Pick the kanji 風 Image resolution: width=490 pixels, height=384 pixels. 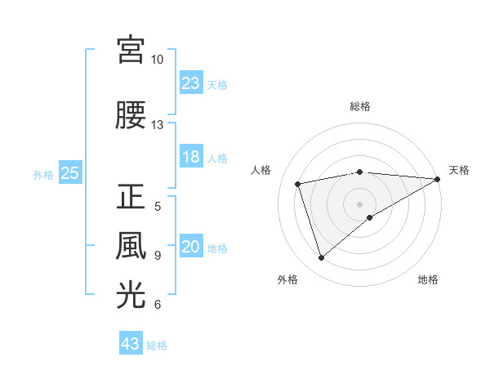131,245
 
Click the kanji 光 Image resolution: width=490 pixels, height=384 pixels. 131,295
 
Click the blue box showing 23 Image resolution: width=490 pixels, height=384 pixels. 190,83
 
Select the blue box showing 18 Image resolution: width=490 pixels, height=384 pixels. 190,158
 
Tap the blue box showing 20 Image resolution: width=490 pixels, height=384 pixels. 190,248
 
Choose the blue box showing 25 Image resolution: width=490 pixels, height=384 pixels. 69,173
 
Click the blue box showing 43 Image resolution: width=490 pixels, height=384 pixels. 131,344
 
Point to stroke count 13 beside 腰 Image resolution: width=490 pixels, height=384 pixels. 157,125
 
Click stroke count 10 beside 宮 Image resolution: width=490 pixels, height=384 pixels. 157,60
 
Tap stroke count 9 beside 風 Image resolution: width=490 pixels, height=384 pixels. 158,256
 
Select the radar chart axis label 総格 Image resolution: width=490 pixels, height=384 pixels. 359,107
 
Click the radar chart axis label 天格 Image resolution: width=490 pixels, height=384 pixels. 459,170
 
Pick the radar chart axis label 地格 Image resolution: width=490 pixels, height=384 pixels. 428,280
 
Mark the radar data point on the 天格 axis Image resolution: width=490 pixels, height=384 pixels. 438,178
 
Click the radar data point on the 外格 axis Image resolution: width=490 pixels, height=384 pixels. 321,258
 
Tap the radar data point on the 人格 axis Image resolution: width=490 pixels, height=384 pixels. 298,183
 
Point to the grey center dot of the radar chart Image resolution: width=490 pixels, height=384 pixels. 359,203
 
